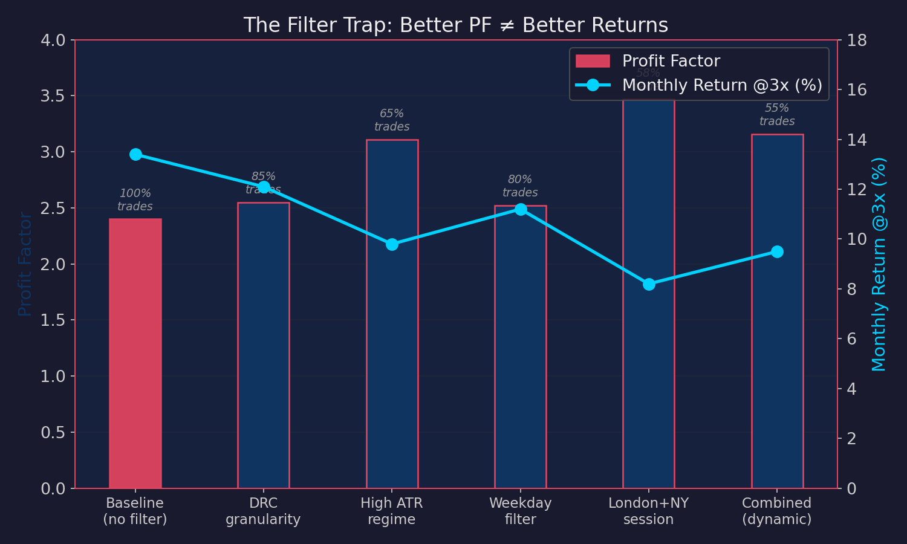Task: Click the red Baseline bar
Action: point(135,354)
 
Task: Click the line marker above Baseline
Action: point(135,154)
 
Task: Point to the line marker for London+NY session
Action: point(649,284)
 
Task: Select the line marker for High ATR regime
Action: point(392,244)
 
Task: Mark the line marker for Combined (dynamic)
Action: point(777,251)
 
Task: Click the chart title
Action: point(455,25)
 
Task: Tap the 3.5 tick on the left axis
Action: point(53,96)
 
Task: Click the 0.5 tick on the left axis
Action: point(53,433)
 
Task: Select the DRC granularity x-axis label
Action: point(263,511)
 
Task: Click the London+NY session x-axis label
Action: point(648,511)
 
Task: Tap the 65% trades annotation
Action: point(392,120)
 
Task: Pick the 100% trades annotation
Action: point(135,200)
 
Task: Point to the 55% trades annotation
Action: point(777,115)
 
